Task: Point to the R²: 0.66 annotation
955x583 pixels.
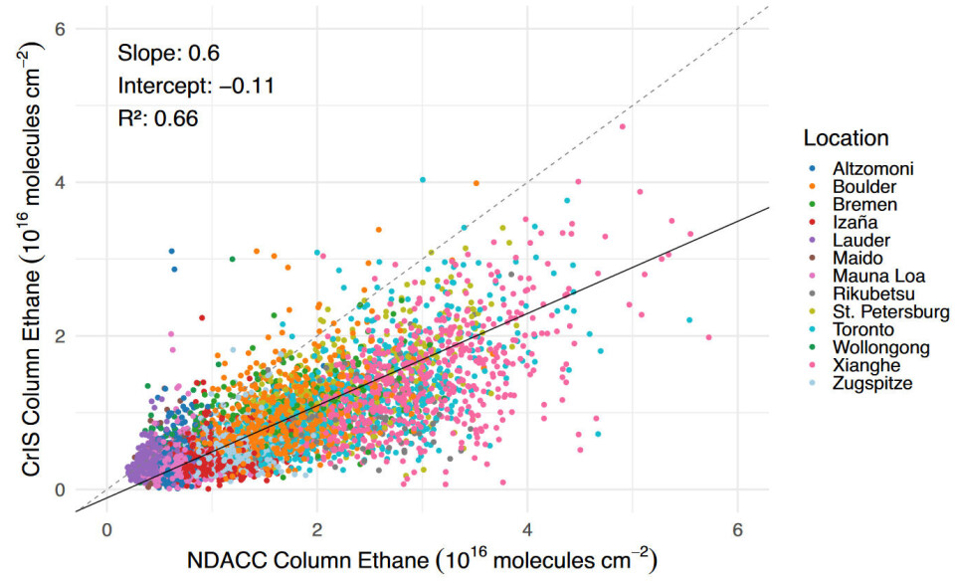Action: click(x=157, y=118)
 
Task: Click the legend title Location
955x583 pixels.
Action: click(x=846, y=138)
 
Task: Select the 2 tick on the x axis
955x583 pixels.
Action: click(x=316, y=528)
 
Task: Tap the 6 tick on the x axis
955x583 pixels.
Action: click(x=737, y=528)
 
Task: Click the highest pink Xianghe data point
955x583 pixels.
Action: click(x=623, y=126)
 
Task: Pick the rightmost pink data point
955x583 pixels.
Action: click(x=708, y=337)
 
